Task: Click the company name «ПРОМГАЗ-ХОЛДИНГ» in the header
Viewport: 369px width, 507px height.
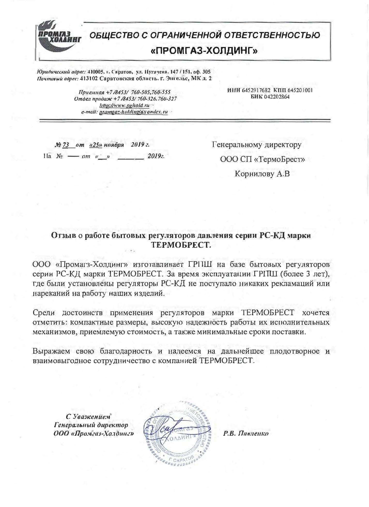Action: pyautogui.click(x=204, y=51)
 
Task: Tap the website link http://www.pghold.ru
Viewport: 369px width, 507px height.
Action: pyautogui.click(x=125, y=105)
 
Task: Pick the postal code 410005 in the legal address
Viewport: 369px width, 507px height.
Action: pyautogui.click(x=96, y=72)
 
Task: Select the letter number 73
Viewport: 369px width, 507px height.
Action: pyautogui.click(x=66, y=145)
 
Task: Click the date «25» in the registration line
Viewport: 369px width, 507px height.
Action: pyautogui.click(x=96, y=145)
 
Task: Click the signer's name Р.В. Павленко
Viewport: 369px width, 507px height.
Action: pyautogui.click(x=246, y=433)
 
